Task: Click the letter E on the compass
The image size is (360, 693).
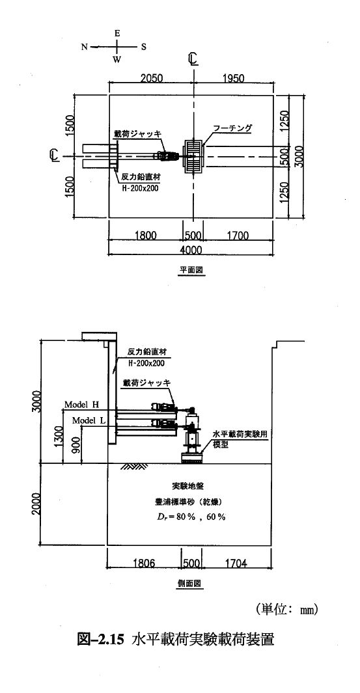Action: click(x=117, y=34)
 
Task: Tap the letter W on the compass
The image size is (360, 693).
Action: click(x=117, y=61)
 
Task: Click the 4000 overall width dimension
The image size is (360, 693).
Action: click(x=191, y=250)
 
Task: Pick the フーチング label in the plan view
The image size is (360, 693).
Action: click(x=232, y=128)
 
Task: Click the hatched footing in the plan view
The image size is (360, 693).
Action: click(x=193, y=156)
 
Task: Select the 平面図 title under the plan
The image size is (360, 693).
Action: click(x=191, y=270)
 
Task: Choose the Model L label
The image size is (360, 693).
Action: click(x=89, y=420)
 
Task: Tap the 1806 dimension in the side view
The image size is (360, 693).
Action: click(x=144, y=563)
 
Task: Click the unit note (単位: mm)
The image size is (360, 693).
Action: click(x=286, y=610)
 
